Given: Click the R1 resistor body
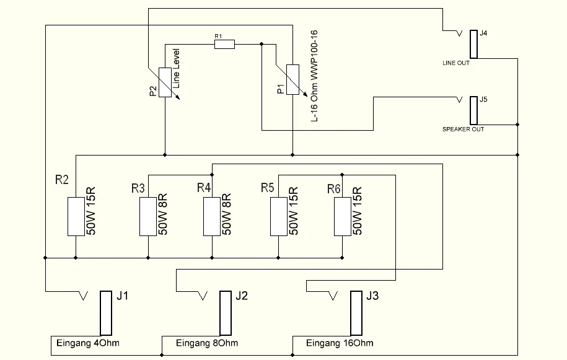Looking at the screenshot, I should click(x=224, y=43).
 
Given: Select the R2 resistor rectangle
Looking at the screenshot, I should click(x=75, y=217).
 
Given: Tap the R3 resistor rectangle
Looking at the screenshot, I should click(x=147, y=217).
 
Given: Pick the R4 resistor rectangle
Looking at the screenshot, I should click(x=212, y=217).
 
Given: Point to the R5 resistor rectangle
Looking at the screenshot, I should click(x=278, y=217).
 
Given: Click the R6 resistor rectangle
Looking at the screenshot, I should click(x=342, y=217).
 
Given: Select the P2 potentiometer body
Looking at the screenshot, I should click(x=165, y=82).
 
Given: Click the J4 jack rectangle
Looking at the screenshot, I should click(x=473, y=43).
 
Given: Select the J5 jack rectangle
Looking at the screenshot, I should click(x=473, y=110).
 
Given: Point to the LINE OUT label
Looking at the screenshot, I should click(x=456, y=63).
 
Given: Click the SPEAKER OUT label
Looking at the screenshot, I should click(x=463, y=130).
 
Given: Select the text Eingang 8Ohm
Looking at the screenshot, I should click(x=207, y=343).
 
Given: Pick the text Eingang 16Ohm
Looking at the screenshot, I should click(x=340, y=343).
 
